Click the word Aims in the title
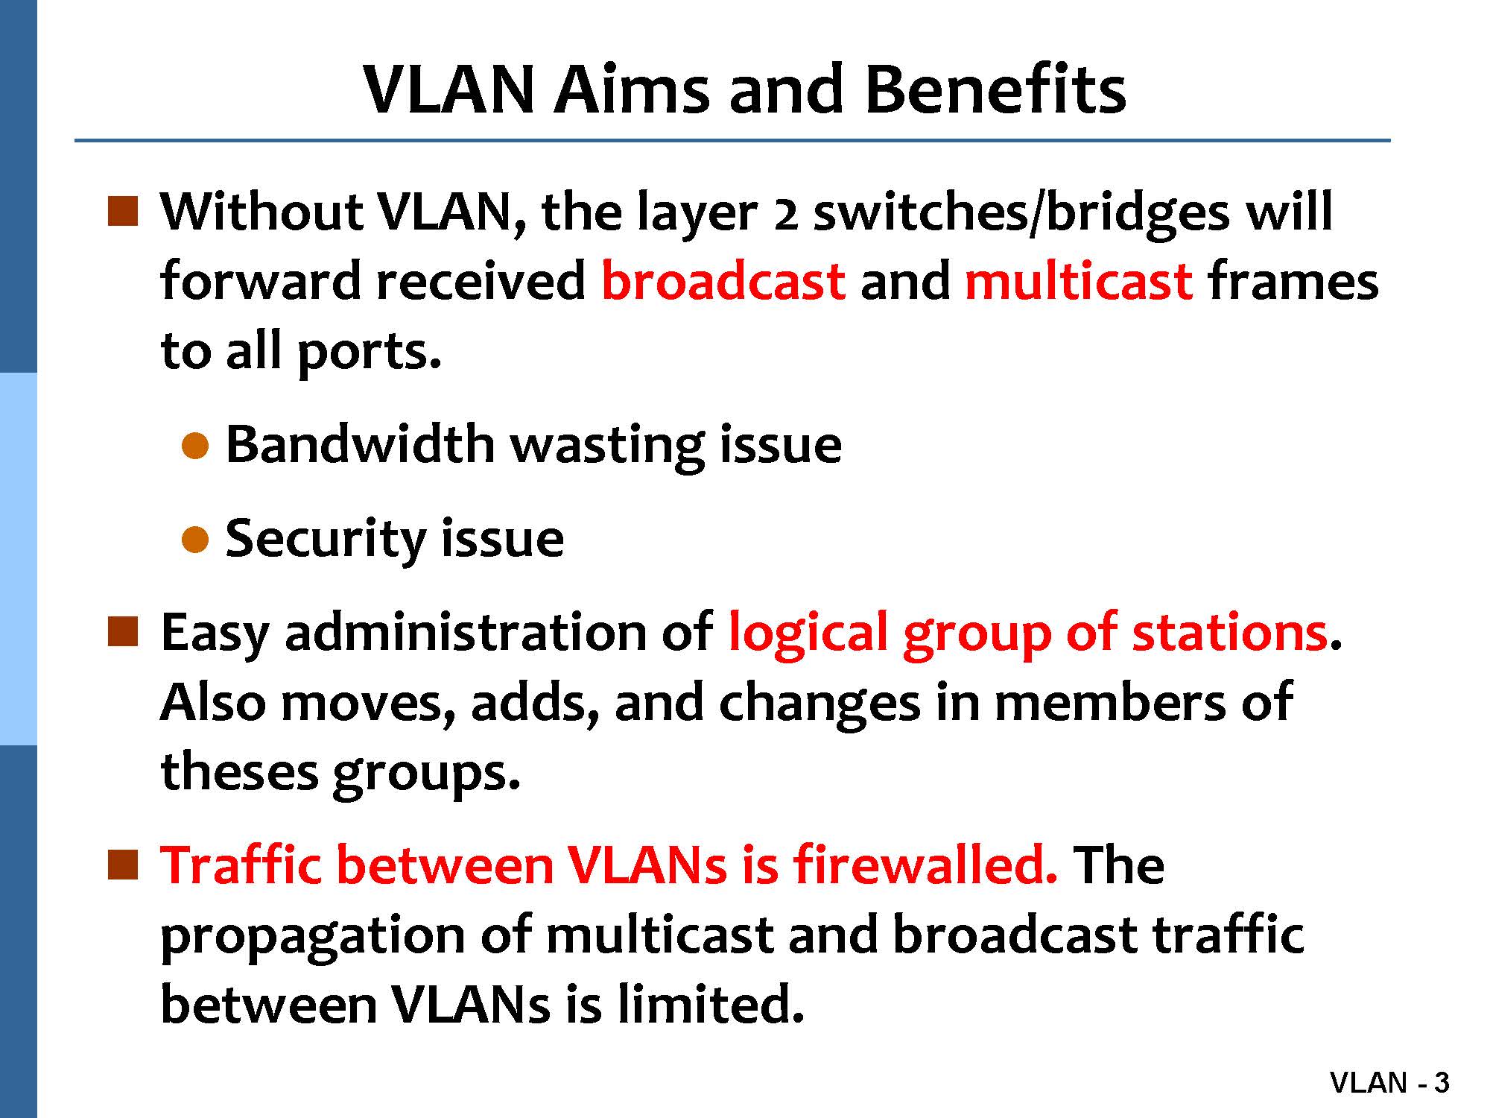631,89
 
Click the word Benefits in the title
995,89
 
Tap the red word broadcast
723,281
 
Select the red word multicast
1078,281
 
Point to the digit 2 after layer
786,216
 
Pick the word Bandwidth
360,445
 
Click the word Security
326,539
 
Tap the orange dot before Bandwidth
194,446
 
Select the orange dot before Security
194,540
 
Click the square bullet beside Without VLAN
123,211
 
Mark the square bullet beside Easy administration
123,631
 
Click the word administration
466,632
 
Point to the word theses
239,772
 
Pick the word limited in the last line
711,1004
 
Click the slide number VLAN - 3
1390,1082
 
